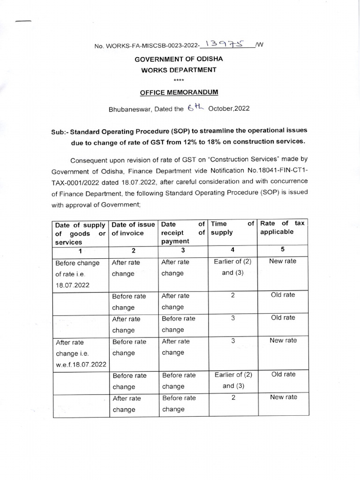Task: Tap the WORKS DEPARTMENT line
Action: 179,69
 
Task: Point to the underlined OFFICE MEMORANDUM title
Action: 180,93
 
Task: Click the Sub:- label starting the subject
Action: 60,131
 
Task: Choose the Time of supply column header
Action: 232,228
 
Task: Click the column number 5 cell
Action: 283,249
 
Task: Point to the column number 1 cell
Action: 81,250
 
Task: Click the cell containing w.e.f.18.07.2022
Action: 81,364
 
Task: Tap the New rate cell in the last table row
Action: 283,397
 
